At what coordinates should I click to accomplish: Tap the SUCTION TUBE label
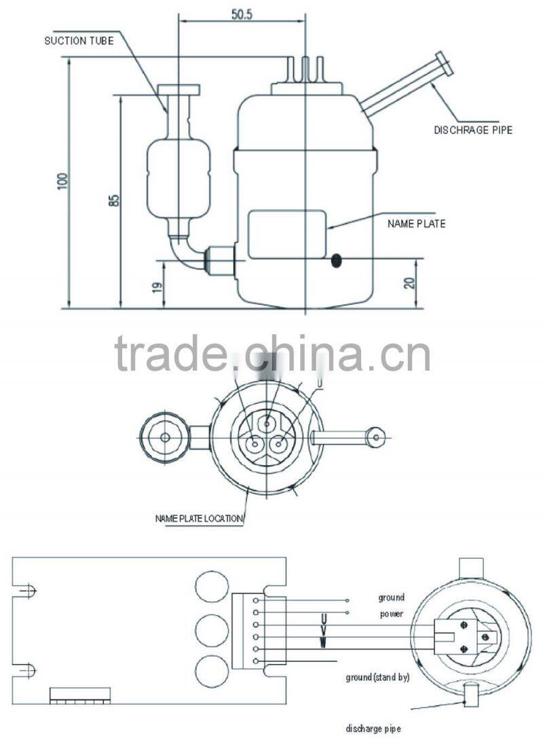tap(79, 40)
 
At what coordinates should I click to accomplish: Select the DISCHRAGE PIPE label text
tap(473, 130)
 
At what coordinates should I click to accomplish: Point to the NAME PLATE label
tap(417, 223)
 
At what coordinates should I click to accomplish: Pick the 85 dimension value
tap(114, 201)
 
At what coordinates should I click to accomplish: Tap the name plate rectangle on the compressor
tap(287, 234)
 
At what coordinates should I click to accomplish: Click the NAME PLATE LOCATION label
tap(198, 519)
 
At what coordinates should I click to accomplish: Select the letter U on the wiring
tap(323, 619)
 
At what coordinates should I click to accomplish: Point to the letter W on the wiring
tap(323, 641)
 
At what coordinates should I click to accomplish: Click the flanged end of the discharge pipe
tap(445, 64)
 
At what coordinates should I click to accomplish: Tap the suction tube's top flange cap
tap(179, 90)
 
